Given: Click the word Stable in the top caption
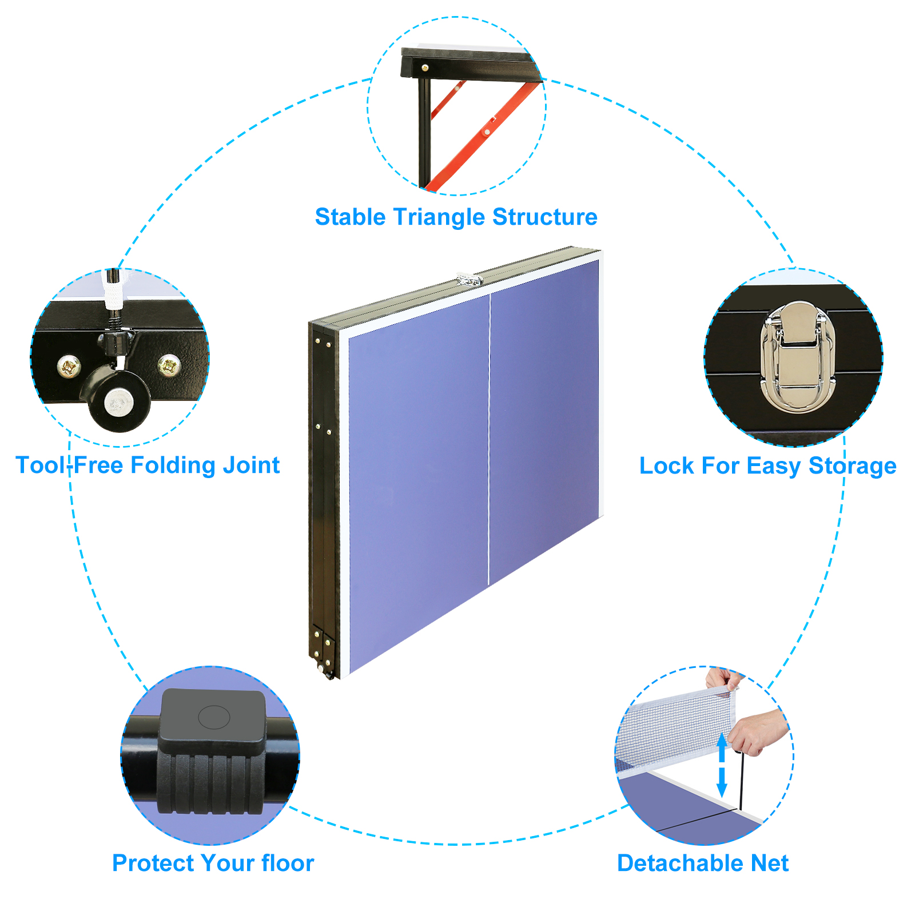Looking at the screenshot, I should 350,217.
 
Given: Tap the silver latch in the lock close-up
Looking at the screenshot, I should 798,357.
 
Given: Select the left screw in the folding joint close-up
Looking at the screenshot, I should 69,367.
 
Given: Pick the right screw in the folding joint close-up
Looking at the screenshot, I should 169,364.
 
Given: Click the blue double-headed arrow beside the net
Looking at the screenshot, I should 722,765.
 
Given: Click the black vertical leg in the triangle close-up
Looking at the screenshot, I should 424,132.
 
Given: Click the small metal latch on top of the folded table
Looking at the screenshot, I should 469,280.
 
